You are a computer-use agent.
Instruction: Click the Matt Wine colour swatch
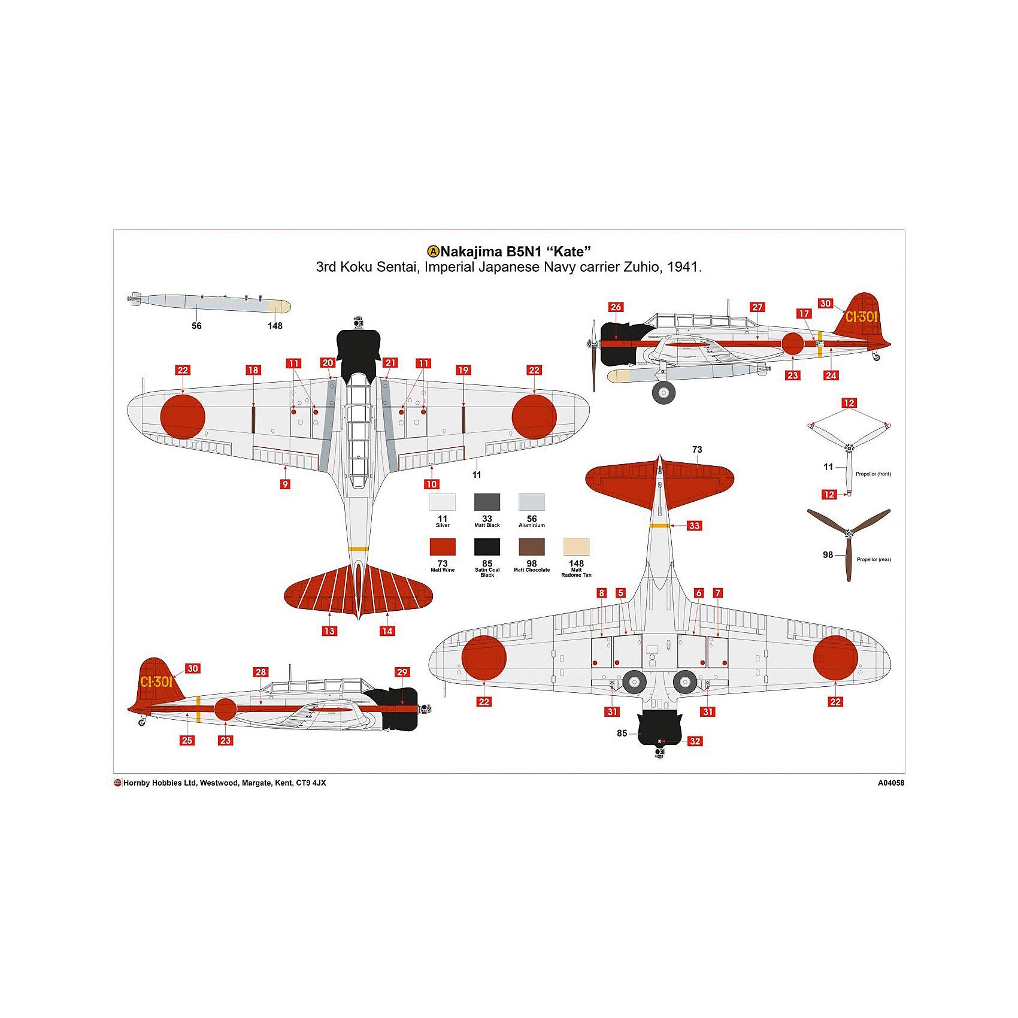(443, 547)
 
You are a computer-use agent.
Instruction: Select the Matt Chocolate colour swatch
(532, 547)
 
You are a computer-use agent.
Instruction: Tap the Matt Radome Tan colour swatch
(577, 547)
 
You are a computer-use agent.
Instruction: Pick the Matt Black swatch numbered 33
(487, 502)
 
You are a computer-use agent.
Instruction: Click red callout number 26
(616, 307)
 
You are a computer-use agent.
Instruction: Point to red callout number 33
(694, 526)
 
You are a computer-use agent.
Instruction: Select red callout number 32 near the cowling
(695, 741)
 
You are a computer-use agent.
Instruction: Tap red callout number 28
(260, 672)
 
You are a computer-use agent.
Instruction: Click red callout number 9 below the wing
(285, 484)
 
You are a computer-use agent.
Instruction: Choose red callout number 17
(804, 314)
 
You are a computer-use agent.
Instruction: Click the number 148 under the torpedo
(275, 326)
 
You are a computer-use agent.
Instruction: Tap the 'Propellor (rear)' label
(874, 559)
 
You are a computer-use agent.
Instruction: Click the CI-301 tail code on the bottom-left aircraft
(156, 681)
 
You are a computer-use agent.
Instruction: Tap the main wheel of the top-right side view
(663, 392)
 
